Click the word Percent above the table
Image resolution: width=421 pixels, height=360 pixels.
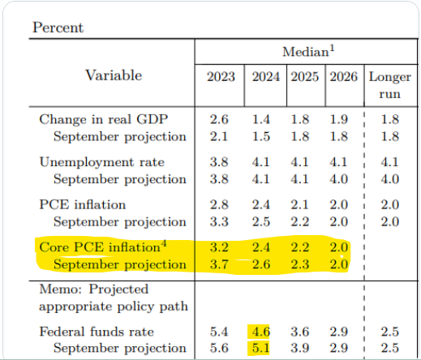58,28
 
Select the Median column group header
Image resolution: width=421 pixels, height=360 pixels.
308,51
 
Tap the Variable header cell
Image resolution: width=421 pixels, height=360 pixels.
114,75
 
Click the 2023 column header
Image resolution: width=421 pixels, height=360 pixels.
221,76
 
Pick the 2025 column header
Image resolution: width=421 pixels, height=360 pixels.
305,76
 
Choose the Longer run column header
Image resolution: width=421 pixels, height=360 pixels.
389,85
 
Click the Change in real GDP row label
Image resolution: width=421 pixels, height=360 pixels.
104,119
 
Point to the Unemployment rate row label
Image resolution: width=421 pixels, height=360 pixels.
102,162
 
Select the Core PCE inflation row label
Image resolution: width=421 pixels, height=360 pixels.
103,246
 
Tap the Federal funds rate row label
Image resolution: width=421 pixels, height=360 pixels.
97,332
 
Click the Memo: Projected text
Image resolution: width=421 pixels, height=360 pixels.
94,289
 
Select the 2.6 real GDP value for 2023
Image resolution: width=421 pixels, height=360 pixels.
219,119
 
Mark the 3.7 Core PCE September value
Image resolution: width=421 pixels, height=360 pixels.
219,264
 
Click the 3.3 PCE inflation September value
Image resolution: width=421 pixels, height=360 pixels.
219,221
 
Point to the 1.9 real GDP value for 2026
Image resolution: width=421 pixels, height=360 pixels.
339,119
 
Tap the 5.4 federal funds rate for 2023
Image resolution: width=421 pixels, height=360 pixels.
219,332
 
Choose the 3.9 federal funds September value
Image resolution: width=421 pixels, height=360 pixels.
300,348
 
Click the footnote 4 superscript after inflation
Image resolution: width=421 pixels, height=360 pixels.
164,243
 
